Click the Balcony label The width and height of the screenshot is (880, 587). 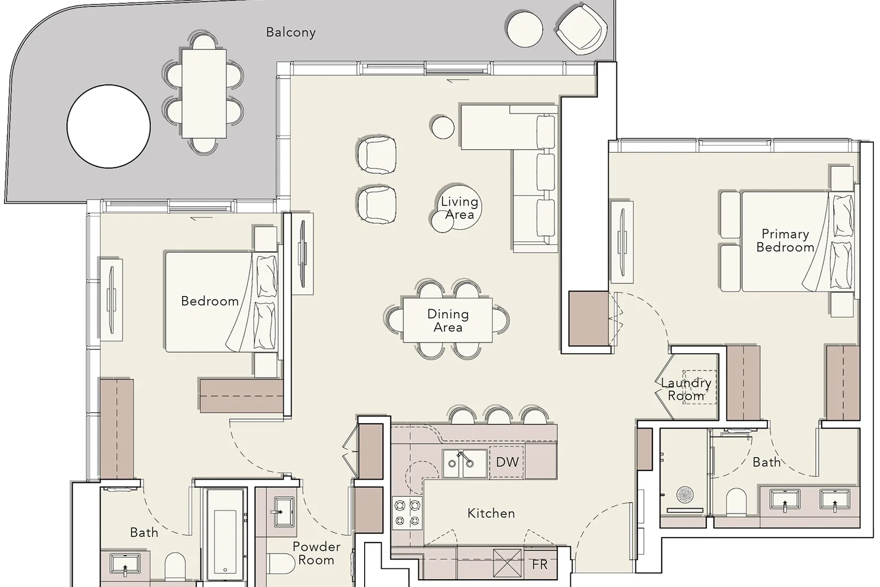pyautogui.click(x=291, y=32)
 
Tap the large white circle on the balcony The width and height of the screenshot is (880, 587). pyautogui.click(x=108, y=127)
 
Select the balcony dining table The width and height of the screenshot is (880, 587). pyautogui.click(x=204, y=94)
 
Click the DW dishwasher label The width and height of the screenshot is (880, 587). pyautogui.click(x=507, y=462)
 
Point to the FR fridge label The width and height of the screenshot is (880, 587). pyautogui.click(x=540, y=564)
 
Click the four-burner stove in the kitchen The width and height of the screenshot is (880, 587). pyautogui.click(x=408, y=513)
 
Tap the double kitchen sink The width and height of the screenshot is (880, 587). pyautogui.click(x=464, y=464)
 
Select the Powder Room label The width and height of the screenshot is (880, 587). pyautogui.click(x=316, y=553)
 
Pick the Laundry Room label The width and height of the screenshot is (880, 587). pyautogui.click(x=686, y=389)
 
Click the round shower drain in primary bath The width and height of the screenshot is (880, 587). pyautogui.click(x=685, y=495)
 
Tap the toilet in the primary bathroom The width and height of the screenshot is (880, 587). pyautogui.click(x=736, y=502)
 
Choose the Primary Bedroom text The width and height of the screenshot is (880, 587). pyautogui.click(x=785, y=240)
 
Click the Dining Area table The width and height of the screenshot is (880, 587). pyautogui.click(x=448, y=320)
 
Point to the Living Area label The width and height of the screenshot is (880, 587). pyautogui.click(x=459, y=208)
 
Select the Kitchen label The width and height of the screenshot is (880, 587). pyautogui.click(x=491, y=513)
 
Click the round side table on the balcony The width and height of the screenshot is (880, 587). pyautogui.click(x=525, y=30)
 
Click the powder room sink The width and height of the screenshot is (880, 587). pyautogui.click(x=284, y=512)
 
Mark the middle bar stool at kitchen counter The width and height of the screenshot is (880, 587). pyautogui.click(x=498, y=416)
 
